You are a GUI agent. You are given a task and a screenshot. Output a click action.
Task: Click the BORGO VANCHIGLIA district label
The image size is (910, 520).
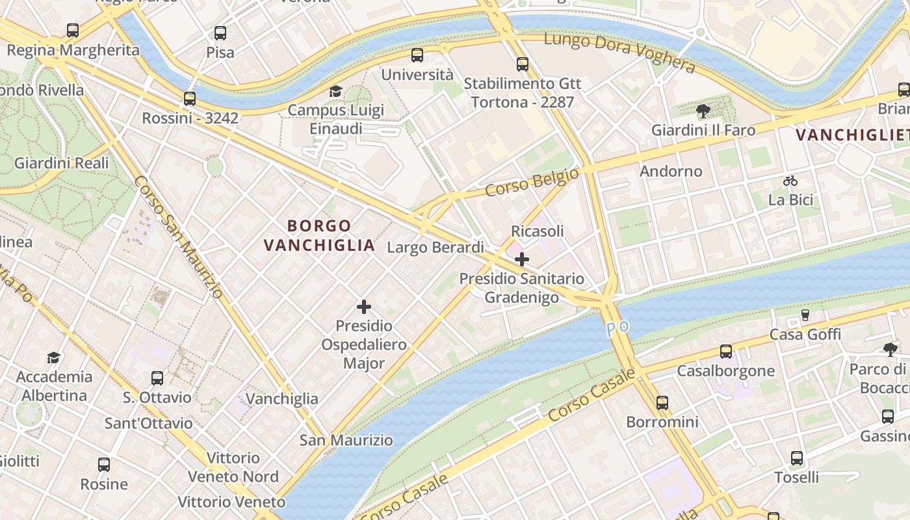tap(320, 235)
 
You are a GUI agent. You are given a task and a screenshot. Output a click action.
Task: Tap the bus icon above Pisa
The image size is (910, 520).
tap(220, 33)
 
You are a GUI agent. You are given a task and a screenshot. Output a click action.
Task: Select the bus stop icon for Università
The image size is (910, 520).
tap(417, 55)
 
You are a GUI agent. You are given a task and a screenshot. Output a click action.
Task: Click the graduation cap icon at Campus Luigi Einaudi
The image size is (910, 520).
tap(335, 91)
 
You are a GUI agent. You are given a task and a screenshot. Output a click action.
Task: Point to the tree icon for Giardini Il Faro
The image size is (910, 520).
tap(703, 111)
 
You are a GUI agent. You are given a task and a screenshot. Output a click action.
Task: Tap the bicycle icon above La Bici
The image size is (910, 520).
tap(790, 181)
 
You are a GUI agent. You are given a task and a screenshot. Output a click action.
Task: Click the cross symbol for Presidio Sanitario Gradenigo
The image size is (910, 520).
tap(521, 260)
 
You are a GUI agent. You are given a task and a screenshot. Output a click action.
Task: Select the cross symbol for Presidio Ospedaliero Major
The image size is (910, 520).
tap(364, 307)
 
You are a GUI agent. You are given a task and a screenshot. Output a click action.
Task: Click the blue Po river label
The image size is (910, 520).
tap(617, 327)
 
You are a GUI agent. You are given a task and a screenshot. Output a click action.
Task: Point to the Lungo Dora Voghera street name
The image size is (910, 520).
tap(619, 52)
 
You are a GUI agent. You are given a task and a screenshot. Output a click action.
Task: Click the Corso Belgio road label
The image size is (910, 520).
tap(532, 183)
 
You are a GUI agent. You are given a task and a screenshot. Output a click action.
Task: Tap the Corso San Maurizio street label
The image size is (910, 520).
tap(179, 237)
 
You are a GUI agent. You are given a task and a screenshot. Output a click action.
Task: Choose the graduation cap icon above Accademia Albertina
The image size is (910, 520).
tap(54, 357)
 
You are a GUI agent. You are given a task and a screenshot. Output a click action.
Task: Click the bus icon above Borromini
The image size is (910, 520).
tap(662, 403)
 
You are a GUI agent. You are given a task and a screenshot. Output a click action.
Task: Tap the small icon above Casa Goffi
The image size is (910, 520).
tap(805, 315)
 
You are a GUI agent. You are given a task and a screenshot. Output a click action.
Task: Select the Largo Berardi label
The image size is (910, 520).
tap(435, 248)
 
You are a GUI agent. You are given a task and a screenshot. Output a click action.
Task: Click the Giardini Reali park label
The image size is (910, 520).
tap(62, 163)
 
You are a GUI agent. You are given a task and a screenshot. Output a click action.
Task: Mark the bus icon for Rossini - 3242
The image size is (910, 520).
tap(190, 99)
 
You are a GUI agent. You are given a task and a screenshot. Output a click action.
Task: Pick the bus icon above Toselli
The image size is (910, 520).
tap(797, 458)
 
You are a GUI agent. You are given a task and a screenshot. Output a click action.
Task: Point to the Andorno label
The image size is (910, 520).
tap(671, 172)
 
